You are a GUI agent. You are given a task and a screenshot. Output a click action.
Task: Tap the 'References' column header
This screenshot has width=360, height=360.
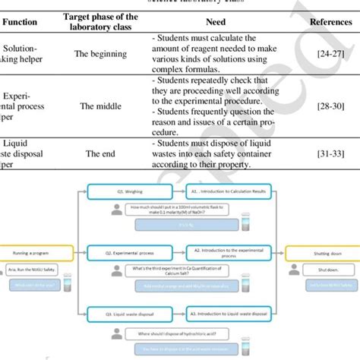[x=330, y=23]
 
